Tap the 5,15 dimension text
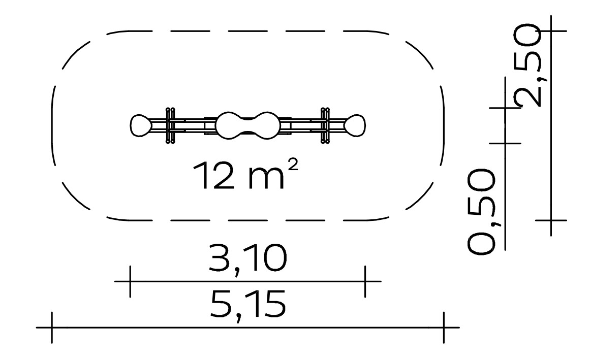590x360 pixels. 247,305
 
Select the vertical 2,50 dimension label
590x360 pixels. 527,66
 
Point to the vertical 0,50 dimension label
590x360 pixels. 481,212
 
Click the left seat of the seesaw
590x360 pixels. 141,125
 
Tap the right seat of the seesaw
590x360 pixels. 355,125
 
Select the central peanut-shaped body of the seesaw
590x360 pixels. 247,125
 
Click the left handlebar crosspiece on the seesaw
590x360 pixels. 170,125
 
